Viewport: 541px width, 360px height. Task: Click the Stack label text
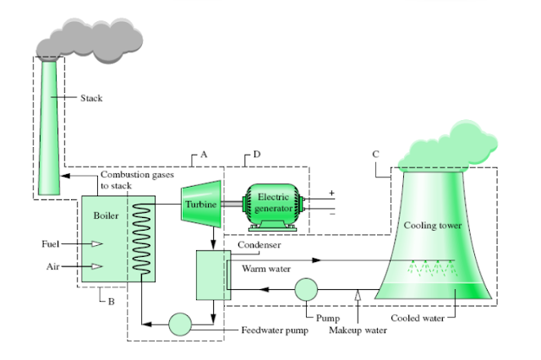90,98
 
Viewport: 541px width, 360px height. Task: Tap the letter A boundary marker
204,155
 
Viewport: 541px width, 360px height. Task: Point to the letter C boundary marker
376,155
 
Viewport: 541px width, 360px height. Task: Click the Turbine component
201,205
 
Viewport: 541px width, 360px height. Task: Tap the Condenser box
209,275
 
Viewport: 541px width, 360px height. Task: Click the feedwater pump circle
180,325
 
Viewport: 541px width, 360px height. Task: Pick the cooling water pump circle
305,289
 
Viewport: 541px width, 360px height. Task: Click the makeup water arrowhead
358,294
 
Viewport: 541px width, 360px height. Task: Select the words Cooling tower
432,226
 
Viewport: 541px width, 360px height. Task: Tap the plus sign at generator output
331,194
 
